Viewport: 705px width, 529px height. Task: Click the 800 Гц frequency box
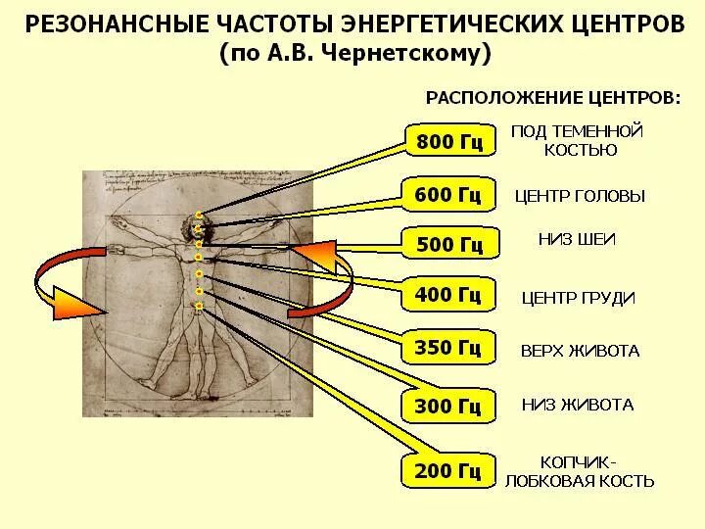pyautogui.click(x=449, y=142)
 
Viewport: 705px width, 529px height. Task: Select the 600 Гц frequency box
pyautogui.click(x=448, y=195)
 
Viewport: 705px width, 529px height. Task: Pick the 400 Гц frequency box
pyautogui.click(x=448, y=293)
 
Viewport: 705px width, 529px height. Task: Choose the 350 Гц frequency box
pyautogui.click(x=448, y=347)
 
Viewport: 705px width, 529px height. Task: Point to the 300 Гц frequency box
pyautogui.click(x=448, y=405)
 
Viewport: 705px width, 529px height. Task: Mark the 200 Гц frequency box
pyautogui.click(x=448, y=471)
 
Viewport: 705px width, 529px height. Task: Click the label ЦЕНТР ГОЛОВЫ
pyautogui.click(x=580, y=196)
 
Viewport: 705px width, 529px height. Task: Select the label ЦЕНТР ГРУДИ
pyautogui.click(x=578, y=298)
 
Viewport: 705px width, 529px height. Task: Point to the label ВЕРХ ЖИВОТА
pyautogui.click(x=580, y=351)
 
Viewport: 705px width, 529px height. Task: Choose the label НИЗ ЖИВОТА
pyautogui.click(x=578, y=404)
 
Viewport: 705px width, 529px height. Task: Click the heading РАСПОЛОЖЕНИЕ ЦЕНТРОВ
pyautogui.click(x=551, y=99)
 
